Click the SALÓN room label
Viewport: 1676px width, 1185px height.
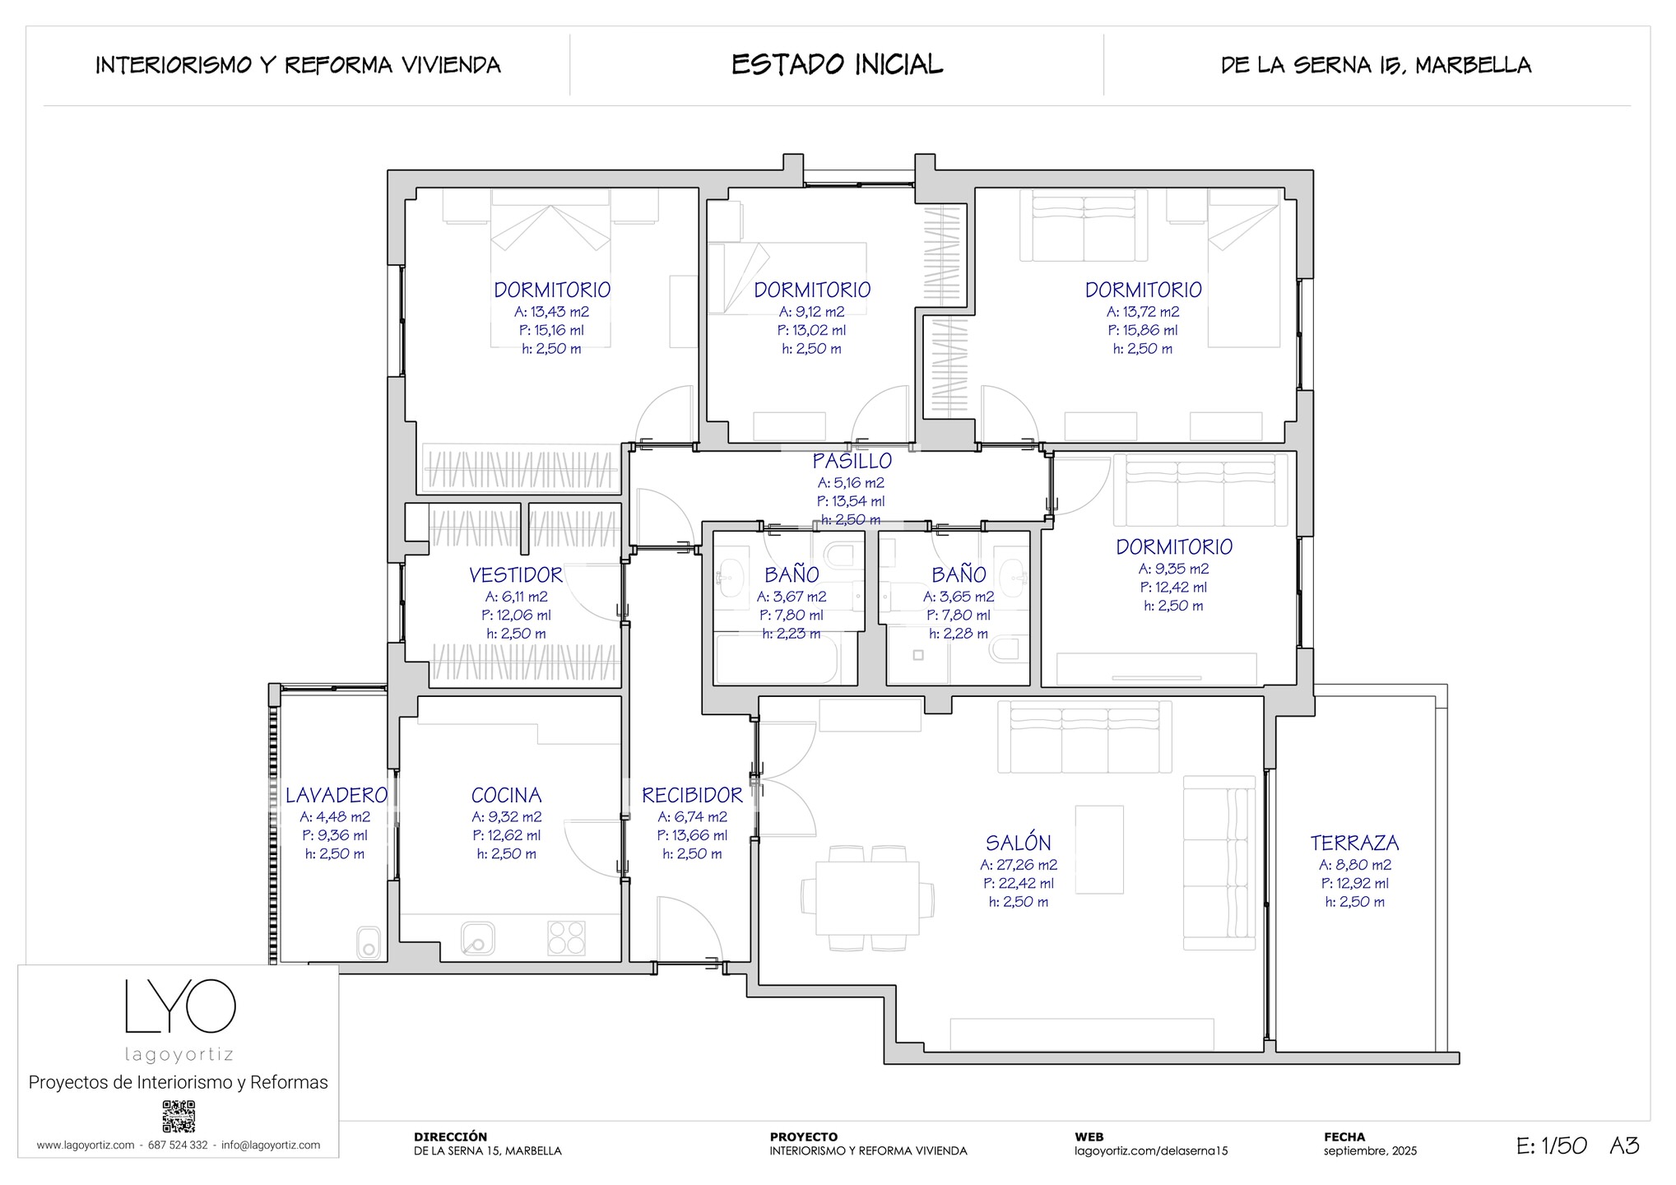[x=1018, y=843]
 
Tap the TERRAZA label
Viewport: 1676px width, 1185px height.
[x=1354, y=843]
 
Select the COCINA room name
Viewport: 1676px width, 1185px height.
[x=506, y=795]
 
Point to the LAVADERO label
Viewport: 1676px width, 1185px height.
[x=336, y=795]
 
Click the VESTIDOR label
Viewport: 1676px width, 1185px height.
[x=516, y=574]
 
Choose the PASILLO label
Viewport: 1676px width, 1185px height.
[x=852, y=461]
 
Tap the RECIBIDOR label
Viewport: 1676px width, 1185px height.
[x=692, y=795]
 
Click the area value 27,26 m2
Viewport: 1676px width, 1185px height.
[x=1019, y=865]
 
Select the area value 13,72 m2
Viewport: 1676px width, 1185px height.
[x=1143, y=312]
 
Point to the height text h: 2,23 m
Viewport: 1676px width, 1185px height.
[x=792, y=634]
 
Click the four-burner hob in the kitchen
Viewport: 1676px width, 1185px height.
[x=566, y=937]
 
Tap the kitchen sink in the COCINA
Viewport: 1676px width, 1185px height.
[x=477, y=938]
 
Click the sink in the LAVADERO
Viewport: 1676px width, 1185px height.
[x=369, y=943]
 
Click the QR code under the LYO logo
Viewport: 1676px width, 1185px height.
[x=179, y=1117]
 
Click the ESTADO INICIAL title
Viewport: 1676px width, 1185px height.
[x=838, y=64]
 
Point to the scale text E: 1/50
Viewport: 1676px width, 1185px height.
[x=1551, y=1145]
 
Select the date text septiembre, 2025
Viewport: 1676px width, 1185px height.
[x=1370, y=1151]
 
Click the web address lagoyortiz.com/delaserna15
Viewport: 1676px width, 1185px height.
[x=1151, y=1151]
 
